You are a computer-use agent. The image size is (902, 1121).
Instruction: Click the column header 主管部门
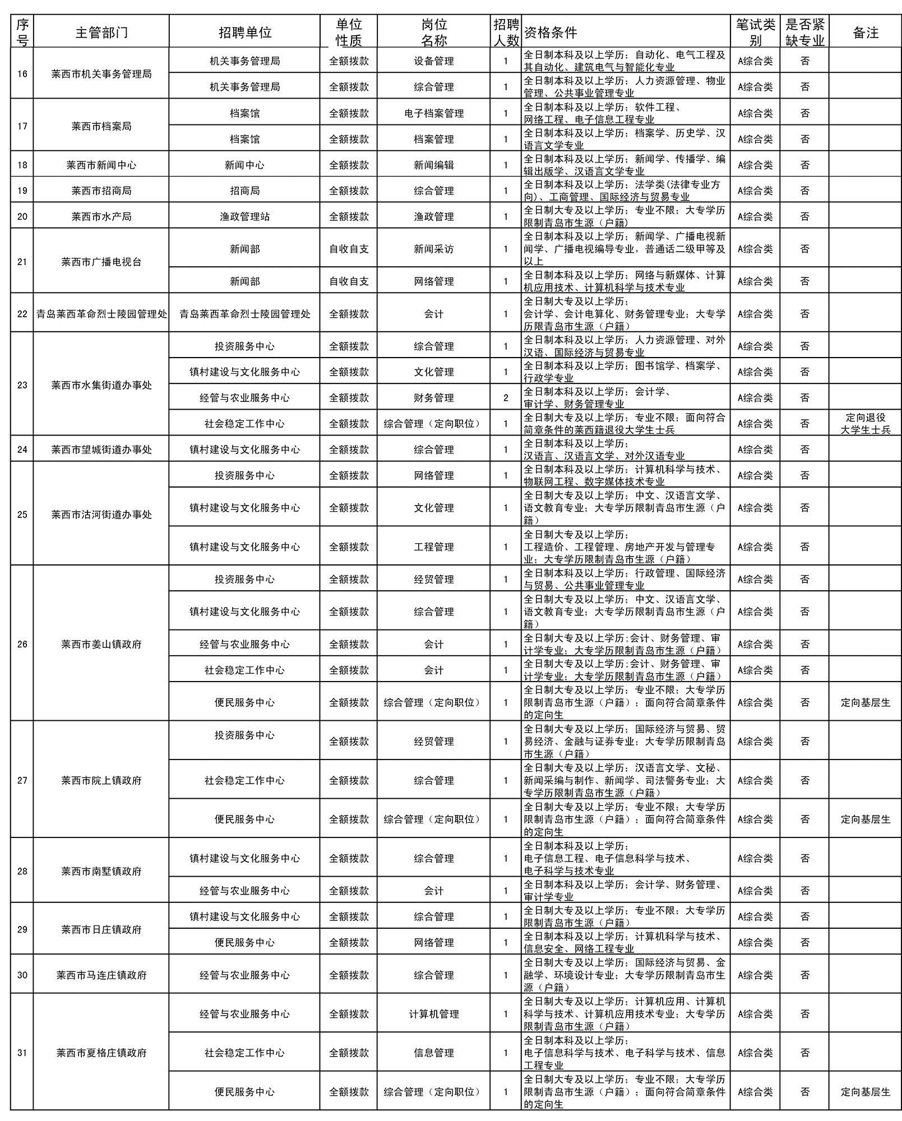click(101, 33)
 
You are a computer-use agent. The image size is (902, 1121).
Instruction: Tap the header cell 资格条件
click(551, 33)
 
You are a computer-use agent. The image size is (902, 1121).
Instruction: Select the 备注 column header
click(865, 33)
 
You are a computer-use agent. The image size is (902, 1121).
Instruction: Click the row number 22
click(22, 314)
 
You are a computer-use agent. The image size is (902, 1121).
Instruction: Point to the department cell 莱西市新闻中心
click(101, 165)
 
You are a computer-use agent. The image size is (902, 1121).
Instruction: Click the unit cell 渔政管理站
click(244, 216)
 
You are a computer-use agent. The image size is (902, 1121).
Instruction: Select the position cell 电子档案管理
click(434, 113)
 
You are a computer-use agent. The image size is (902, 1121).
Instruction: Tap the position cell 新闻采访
click(434, 249)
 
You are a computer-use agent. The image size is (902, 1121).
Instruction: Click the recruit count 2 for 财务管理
click(506, 398)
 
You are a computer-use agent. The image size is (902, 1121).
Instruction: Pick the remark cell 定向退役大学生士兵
click(865, 424)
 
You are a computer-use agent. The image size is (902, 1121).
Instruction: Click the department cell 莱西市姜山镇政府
click(101, 644)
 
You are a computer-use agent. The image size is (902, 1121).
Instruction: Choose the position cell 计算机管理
click(434, 1014)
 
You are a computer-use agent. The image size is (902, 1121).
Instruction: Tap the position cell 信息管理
click(434, 1053)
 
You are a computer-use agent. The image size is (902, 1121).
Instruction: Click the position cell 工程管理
click(434, 546)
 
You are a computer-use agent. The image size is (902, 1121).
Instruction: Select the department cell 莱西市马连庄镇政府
click(101, 975)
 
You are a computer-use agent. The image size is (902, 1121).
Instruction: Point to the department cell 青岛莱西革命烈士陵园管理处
click(101, 314)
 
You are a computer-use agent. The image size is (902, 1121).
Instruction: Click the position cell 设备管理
click(434, 61)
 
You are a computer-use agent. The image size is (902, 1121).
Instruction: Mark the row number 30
click(22, 975)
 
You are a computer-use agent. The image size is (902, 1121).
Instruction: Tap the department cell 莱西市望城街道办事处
click(101, 450)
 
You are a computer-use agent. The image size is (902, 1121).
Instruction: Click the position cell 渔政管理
click(434, 216)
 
